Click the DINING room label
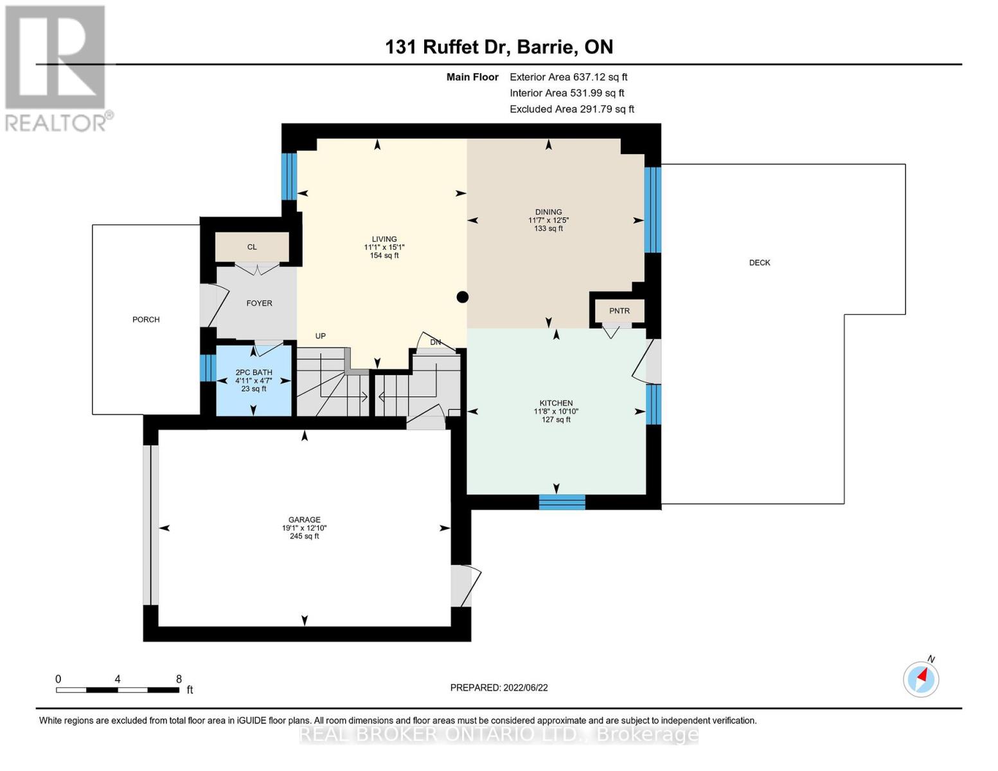point(548,211)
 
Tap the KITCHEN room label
point(556,403)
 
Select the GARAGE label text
point(305,520)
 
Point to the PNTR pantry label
point(619,311)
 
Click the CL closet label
point(252,247)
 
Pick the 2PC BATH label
point(254,373)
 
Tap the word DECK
point(760,263)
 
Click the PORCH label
point(146,319)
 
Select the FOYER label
point(259,303)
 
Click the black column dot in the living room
point(463,297)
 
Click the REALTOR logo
point(58,69)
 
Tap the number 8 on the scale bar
point(179,679)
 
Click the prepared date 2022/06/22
point(526,688)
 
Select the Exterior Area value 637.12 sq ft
point(600,77)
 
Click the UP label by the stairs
point(321,336)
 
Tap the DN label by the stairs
point(436,342)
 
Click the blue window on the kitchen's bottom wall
point(562,502)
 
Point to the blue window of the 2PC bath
point(208,368)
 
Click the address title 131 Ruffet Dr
point(445,47)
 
